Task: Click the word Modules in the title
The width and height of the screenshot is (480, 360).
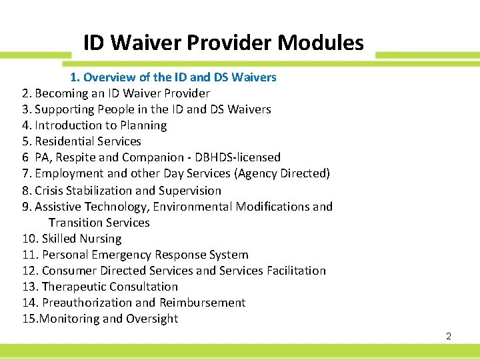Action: [321, 43]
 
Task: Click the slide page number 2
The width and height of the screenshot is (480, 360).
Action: [449, 336]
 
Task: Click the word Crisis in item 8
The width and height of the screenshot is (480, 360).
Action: [50, 191]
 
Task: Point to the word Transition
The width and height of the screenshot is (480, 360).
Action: [75, 223]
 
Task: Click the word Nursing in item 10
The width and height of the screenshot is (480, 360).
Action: [100, 239]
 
